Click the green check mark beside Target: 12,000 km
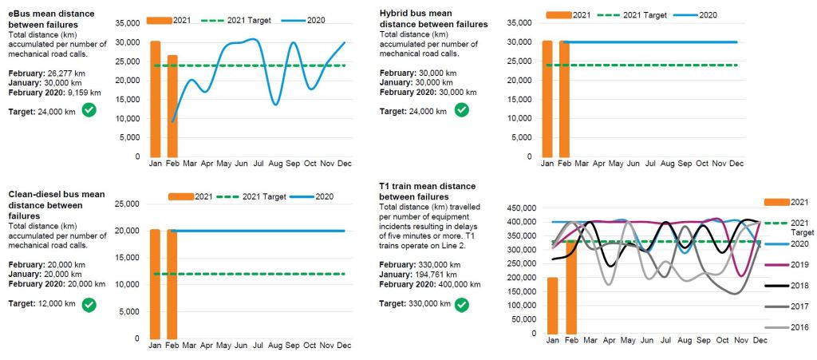point(89,304)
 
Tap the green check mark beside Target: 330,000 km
point(461,304)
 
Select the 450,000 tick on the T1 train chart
point(518,208)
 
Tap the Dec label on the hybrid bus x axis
point(736,164)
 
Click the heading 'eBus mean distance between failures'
point(51,19)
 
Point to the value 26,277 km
point(69,73)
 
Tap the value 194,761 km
point(444,274)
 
